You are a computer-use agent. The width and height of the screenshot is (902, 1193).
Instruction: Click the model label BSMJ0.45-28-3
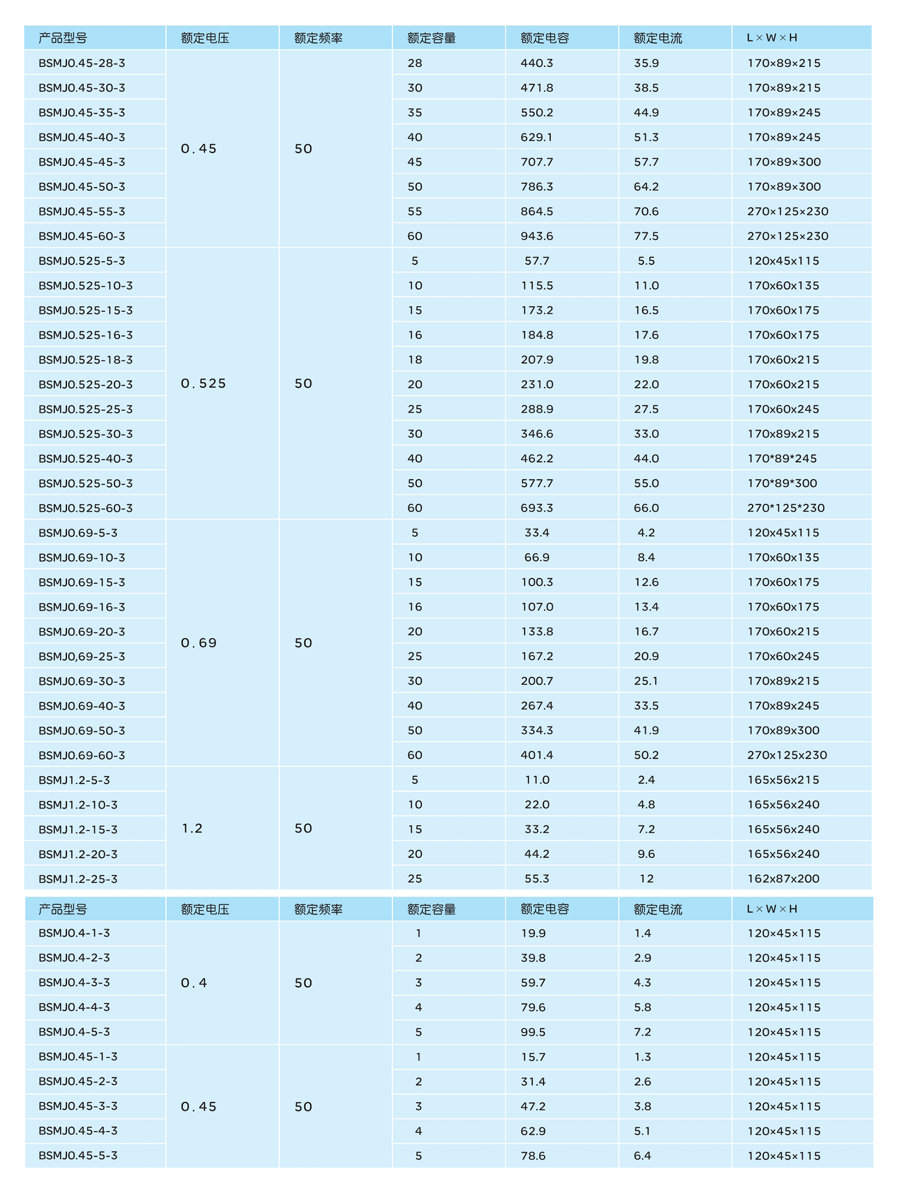click(82, 63)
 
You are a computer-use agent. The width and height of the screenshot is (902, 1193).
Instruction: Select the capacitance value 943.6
click(536, 236)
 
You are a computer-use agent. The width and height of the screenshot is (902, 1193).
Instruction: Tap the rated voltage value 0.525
click(203, 383)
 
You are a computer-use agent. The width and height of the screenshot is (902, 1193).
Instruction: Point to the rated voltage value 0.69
click(198, 643)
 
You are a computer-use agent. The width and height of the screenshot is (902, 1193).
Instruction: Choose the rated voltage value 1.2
click(192, 828)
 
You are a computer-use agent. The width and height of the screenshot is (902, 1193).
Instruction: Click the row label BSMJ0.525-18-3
click(85, 360)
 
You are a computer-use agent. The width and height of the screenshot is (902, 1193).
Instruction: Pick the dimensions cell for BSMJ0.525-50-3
click(782, 483)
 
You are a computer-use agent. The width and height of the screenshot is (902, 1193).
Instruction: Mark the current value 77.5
click(646, 236)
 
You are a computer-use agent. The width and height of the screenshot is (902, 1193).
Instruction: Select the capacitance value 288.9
click(536, 409)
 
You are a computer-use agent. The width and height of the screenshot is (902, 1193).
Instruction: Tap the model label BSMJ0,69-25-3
click(82, 656)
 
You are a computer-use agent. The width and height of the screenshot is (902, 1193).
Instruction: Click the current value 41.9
click(646, 730)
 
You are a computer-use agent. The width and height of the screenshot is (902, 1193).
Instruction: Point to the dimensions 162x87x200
click(783, 879)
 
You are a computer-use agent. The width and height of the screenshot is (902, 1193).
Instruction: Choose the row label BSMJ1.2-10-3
click(78, 805)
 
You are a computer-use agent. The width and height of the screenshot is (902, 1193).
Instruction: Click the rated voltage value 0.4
click(193, 982)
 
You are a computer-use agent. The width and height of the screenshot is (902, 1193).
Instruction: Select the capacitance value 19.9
click(533, 933)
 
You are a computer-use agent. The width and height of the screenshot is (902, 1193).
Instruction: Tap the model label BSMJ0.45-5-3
click(78, 1155)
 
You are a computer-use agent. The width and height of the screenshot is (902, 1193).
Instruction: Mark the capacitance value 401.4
click(536, 755)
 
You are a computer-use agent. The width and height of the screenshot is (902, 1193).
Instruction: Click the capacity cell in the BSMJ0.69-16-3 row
click(414, 607)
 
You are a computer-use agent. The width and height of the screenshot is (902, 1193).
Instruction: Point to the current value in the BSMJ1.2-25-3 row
click(646, 879)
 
